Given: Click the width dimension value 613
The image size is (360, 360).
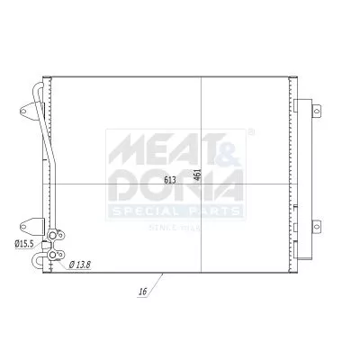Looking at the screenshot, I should (x=169, y=180).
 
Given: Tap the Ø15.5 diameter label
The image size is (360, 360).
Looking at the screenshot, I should (x=22, y=243).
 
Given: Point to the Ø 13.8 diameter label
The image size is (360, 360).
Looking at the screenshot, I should (x=80, y=265).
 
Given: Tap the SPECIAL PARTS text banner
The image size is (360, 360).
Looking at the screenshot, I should (x=175, y=211).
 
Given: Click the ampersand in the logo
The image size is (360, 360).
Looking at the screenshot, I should (x=220, y=146).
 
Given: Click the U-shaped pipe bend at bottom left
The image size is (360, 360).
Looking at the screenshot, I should (x=37, y=264).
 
